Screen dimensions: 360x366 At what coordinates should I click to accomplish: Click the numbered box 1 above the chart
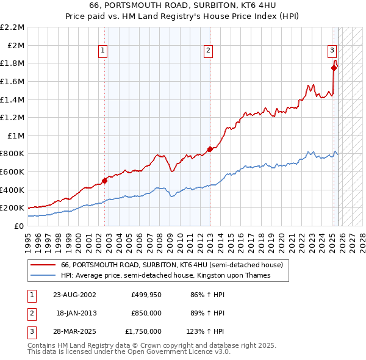click(103, 51)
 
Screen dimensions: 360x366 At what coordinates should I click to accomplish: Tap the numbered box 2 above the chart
click(209, 51)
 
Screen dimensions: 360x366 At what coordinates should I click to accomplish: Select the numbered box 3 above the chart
click(332, 51)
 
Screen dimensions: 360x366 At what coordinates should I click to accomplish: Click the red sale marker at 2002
click(104, 181)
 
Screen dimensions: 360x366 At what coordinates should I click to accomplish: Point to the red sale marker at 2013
click(209, 149)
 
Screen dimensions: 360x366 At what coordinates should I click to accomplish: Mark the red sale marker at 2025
click(334, 68)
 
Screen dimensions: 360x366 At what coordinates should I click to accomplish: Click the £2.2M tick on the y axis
click(12, 27)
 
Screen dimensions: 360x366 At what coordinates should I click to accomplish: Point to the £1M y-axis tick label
click(16, 135)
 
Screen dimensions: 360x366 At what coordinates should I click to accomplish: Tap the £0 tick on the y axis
click(18, 226)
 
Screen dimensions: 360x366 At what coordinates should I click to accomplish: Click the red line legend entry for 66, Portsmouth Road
click(171, 265)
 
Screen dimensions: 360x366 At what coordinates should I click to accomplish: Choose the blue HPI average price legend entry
click(165, 276)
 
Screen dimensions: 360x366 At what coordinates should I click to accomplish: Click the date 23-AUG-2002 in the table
click(74, 294)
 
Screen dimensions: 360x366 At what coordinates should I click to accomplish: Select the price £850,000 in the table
click(146, 313)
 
